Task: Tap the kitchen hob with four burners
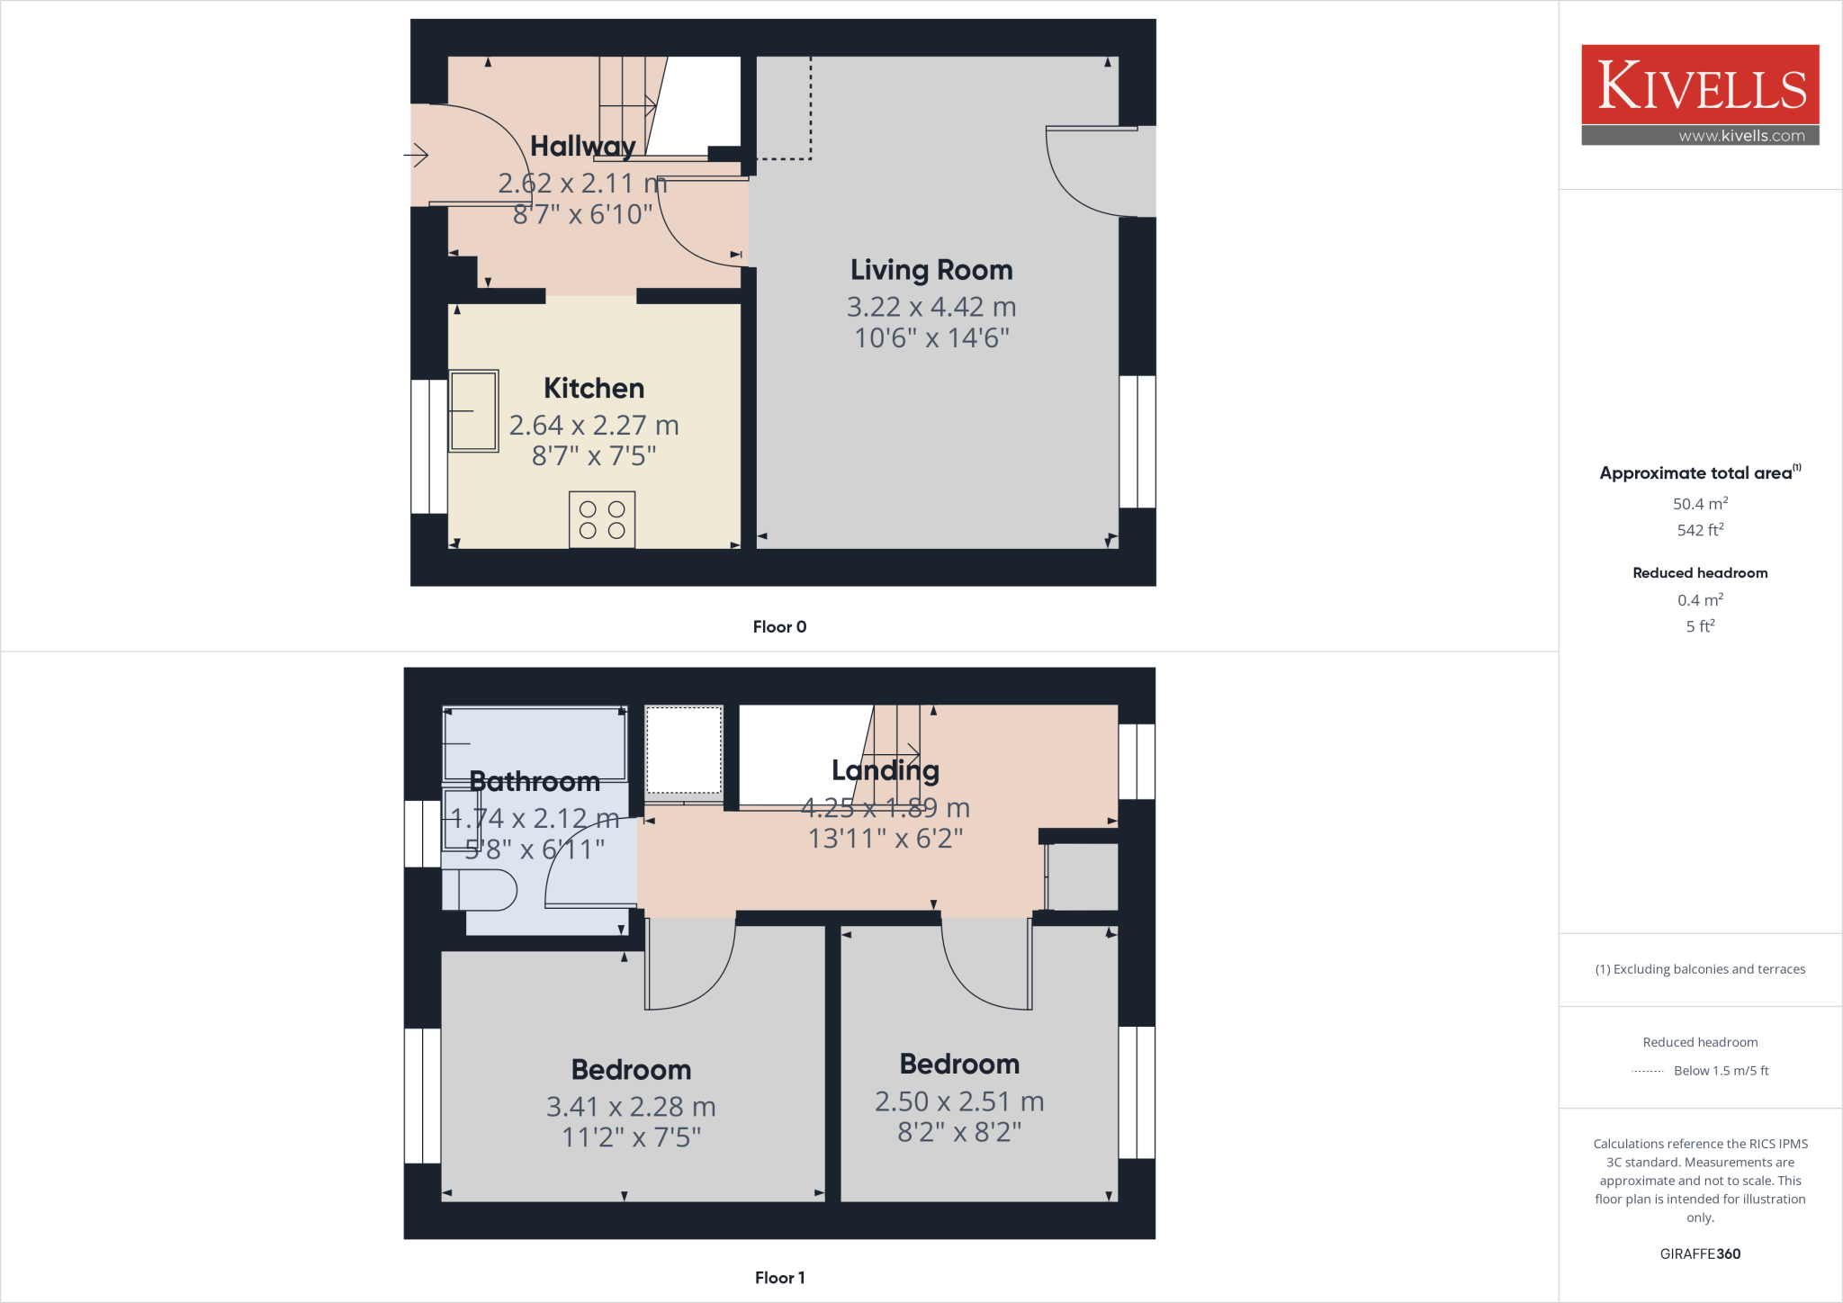(x=602, y=519)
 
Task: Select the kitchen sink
(x=473, y=410)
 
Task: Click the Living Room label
(x=931, y=270)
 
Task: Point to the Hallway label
(x=583, y=146)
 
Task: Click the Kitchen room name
(x=594, y=388)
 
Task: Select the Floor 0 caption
(x=779, y=627)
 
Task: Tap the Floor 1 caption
(x=779, y=1278)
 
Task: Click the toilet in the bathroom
(x=481, y=890)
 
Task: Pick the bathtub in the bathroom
(x=535, y=743)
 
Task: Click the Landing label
(x=886, y=770)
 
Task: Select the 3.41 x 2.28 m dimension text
(x=631, y=1106)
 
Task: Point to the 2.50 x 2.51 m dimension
(x=959, y=1101)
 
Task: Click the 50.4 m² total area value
(x=1700, y=504)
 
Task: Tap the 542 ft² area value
(x=1700, y=530)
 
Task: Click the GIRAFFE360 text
(x=1700, y=1254)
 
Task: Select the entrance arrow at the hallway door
(x=416, y=156)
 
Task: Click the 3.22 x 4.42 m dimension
(x=931, y=307)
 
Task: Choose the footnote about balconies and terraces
(x=1700, y=969)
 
